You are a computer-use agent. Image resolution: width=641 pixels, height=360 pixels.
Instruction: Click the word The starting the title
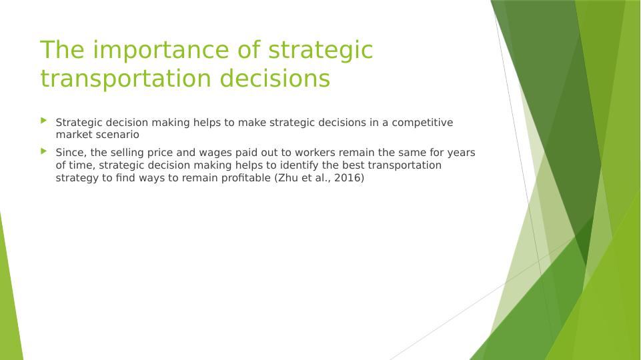pos(62,49)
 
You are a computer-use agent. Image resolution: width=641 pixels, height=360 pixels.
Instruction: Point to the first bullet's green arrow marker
pos(44,121)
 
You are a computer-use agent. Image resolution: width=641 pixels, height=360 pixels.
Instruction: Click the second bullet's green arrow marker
pos(44,151)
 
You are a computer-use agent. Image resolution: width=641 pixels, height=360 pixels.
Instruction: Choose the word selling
pos(127,153)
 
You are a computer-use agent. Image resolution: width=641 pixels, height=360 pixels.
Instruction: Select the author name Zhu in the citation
pos(286,178)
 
